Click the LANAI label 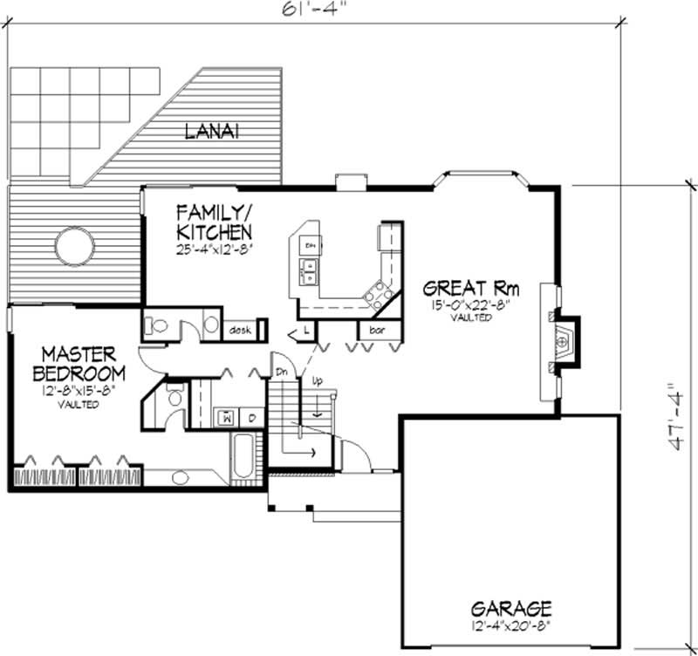pyautogui.click(x=212, y=132)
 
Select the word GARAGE pyautogui.click(x=511, y=607)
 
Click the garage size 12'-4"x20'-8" pyautogui.click(x=511, y=625)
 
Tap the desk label pyautogui.click(x=241, y=331)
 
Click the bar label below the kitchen pyautogui.click(x=377, y=331)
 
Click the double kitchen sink pyautogui.click(x=309, y=271)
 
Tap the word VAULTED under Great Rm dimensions pyautogui.click(x=471, y=318)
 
